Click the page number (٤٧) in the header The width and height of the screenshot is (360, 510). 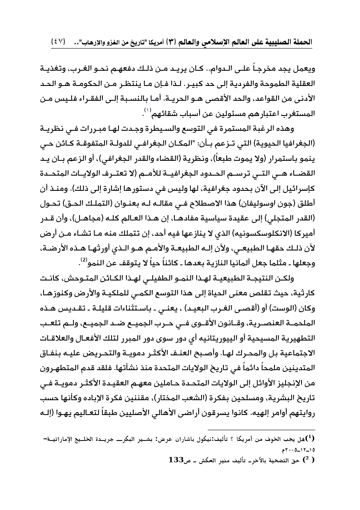[x=58, y=42]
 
